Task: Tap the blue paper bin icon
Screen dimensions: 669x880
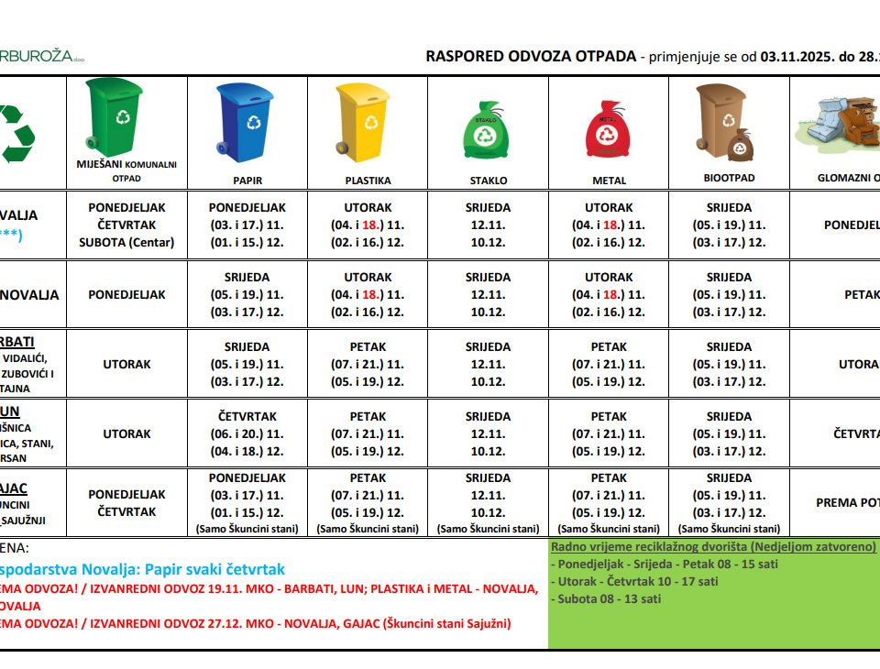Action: (x=245, y=120)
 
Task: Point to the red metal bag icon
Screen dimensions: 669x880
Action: (x=608, y=133)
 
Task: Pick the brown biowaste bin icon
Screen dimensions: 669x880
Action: (x=726, y=122)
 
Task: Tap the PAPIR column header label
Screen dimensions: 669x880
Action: (x=247, y=181)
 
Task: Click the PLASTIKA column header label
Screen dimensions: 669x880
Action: (x=368, y=181)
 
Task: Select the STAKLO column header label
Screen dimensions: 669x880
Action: (x=488, y=181)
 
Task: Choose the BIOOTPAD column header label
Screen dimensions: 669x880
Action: (x=729, y=178)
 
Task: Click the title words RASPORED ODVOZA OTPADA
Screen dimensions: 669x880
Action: (x=531, y=56)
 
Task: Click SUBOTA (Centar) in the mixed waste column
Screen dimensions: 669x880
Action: (x=126, y=242)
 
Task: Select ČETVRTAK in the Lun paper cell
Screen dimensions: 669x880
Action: (x=247, y=416)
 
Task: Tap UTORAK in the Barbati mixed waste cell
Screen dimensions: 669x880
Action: (x=126, y=364)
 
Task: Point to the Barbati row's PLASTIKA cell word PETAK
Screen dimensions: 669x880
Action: (x=368, y=347)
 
